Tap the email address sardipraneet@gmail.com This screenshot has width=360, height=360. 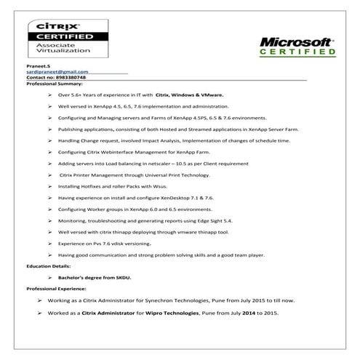(x=57, y=72)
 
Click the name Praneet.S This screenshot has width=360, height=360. (x=37, y=66)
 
